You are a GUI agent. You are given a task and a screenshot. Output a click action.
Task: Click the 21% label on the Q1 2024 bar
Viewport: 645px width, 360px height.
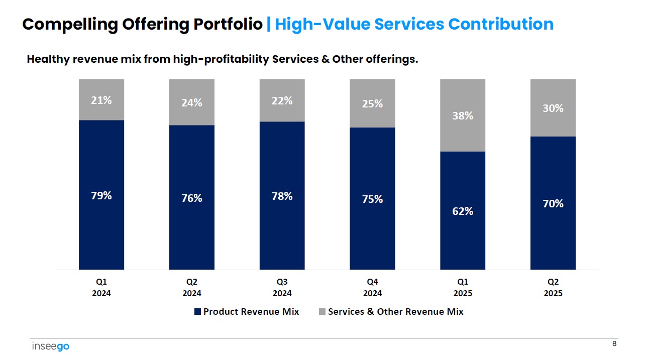point(101,100)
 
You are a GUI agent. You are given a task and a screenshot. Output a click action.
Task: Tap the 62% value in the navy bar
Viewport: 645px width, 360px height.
point(463,211)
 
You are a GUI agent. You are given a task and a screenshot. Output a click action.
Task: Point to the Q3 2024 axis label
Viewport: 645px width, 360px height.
point(282,288)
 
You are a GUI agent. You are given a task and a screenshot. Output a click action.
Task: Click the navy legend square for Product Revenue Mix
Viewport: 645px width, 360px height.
point(197,312)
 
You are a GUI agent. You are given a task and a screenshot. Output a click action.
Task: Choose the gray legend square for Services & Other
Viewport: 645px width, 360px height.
point(322,312)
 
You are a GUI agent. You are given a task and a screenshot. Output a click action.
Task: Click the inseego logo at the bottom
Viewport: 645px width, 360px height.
point(50,346)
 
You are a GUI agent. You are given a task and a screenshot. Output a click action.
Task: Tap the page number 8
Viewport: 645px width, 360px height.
point(614,344)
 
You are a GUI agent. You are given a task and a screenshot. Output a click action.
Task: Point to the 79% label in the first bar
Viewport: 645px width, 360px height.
point(101,196)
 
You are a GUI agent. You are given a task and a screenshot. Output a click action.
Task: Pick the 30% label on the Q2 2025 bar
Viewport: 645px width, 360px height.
point(553,108)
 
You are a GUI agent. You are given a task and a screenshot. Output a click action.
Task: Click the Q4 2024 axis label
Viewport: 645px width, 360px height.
point(372,288)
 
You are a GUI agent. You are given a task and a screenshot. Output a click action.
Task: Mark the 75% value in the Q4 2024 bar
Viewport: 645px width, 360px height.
point(372,199)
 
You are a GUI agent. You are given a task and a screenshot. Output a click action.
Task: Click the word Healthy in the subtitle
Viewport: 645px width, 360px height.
point(48,59)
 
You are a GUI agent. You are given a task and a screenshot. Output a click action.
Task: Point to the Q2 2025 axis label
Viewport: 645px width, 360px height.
point(553,288)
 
